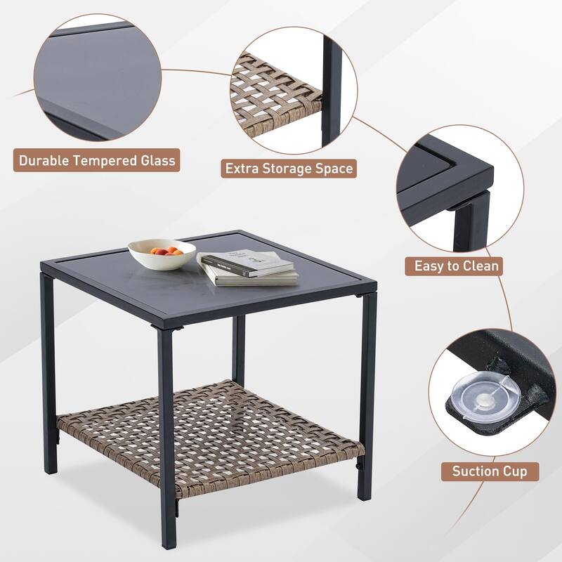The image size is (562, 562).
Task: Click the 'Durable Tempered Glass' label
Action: pos(97,160)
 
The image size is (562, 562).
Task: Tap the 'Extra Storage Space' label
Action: pos(288,169)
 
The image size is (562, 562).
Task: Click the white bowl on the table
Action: pos(162,254)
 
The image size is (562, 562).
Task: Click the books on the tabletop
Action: pos(247,268)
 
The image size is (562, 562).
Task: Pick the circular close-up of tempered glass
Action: pos(97,77)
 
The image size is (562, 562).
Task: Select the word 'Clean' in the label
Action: pos(479,266)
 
